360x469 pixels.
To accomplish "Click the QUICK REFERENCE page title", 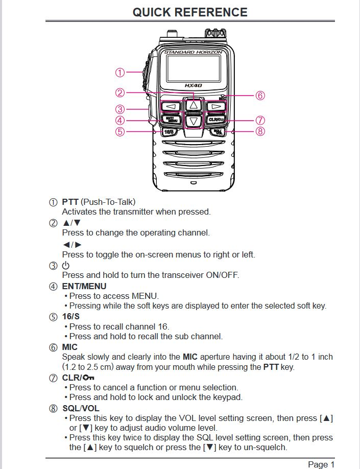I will [x=190, y=12].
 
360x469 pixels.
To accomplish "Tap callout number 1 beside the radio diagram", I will [x=120, y=73].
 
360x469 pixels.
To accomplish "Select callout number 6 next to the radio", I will [x=260, y=96].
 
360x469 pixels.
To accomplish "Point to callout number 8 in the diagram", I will [x=260, y=131].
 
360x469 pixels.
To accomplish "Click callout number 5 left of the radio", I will [x=120, y=131].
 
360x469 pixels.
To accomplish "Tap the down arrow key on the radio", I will [x=193, y=122].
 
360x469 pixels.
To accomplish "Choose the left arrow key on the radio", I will [x=171, y=106].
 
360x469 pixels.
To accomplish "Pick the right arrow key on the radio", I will [x=215, y=106].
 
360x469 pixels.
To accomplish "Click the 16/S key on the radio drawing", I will [x=169, y=131].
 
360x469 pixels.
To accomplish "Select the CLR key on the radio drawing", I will [x=215, y=120].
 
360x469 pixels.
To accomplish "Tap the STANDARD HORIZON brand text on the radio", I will [x=193, y=52].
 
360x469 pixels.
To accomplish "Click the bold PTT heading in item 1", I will [x=70, y=202].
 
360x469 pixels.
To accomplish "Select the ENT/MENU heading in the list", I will [x=84, y=286].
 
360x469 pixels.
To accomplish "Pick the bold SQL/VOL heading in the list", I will [x=81, y=408].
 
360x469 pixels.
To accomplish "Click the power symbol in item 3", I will [x=65, y=265].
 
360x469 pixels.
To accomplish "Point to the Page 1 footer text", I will [x=321, y=464].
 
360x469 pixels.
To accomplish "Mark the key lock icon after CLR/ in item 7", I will [x=88, y=378].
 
